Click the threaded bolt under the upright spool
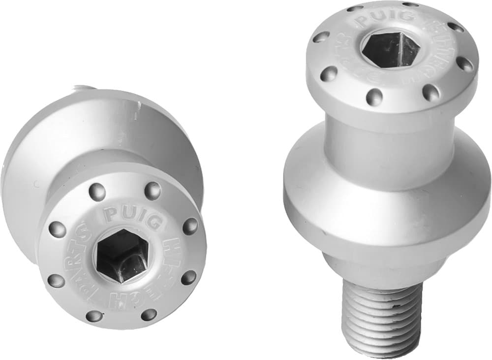[380, 320]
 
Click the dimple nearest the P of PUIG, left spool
[97, 192]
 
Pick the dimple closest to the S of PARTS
[58, 229]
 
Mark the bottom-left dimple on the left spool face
[93, 315]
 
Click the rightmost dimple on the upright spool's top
[464, 64]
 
